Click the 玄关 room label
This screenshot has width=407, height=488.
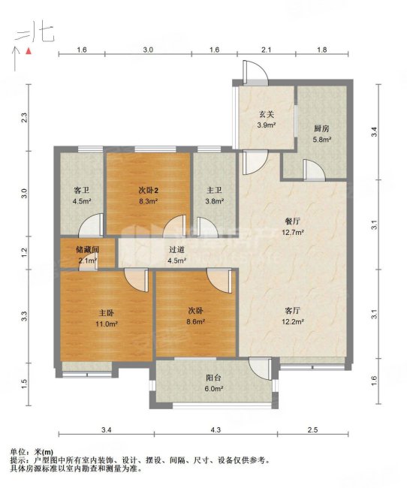(267, 115)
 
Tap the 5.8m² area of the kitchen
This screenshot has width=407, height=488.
(321, 140)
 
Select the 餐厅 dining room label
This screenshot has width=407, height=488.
(292, 221)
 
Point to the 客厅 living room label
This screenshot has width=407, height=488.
(292, 311)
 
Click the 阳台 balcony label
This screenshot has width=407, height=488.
(213, 378)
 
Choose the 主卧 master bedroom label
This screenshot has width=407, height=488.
(106, 313)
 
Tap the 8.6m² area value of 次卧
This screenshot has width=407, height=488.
(195, 321)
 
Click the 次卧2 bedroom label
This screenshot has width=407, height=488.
(148, 190)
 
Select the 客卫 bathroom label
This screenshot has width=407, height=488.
(82, 190)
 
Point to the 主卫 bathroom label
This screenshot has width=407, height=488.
(214, 190)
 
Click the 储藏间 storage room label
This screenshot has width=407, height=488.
(88, 249)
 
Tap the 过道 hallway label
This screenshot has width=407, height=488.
(176, 249)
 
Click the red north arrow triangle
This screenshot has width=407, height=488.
(29, 51)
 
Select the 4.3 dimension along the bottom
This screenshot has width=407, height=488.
(216, 429)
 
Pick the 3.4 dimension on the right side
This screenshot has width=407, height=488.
(375, 132)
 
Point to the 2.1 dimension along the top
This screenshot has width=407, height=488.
(267, 49)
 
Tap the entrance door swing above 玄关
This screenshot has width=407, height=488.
(255, 71)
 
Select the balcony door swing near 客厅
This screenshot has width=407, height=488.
(260, 368)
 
